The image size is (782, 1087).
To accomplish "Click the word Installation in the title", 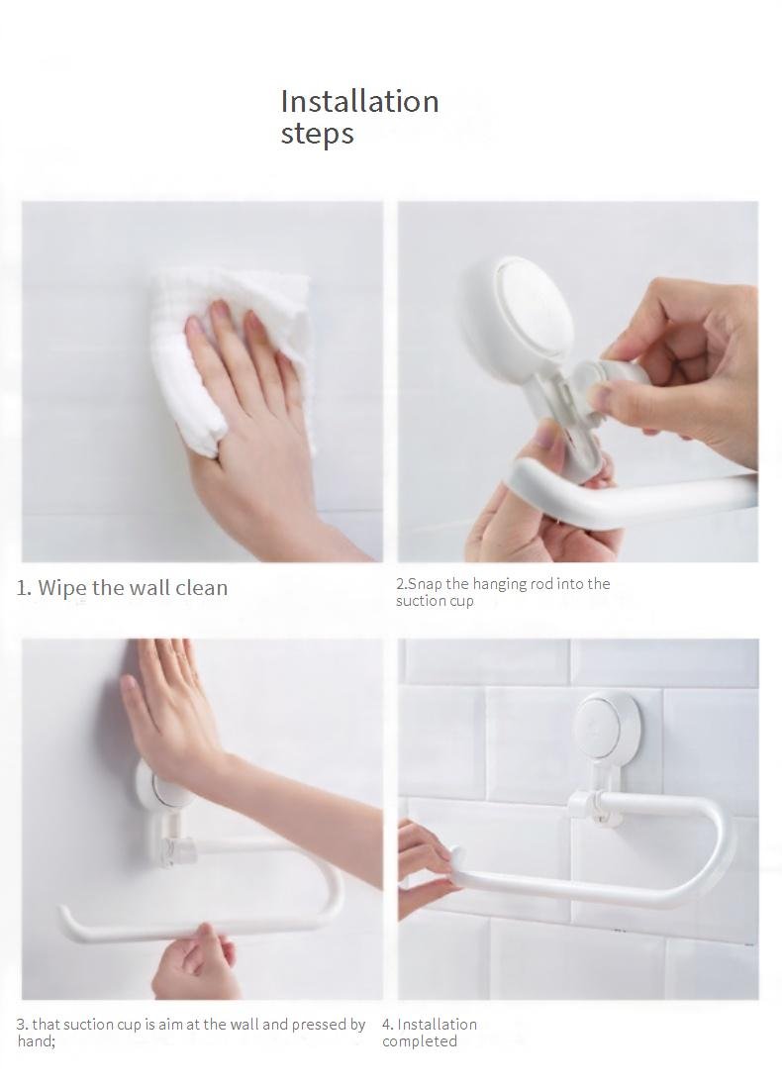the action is [x=359, y=101].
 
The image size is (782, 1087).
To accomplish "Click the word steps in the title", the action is [x=317, y=133].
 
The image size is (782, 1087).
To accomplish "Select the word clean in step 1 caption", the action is [x=201, y=588].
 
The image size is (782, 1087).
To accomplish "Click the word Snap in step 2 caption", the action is [x=425, y=584].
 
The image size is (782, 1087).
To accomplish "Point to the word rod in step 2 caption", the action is [x=540, y=584].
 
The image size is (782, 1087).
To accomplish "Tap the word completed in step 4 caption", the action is [x=420, y=1041].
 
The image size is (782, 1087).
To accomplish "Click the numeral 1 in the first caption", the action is [x=22, y=589].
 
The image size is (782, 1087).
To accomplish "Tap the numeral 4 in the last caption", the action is [x=387, y=1025].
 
